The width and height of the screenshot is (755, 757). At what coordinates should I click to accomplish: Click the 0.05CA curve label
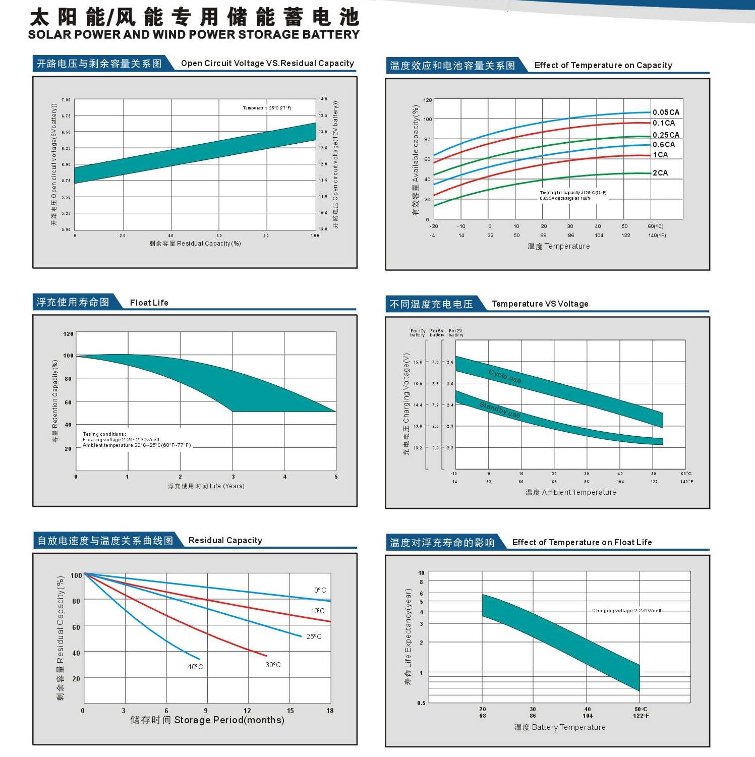666,112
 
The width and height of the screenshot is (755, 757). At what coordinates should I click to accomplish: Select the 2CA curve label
660,173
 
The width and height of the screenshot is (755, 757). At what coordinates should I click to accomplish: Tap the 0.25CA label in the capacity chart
666,135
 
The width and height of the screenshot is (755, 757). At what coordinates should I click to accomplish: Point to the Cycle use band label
505,376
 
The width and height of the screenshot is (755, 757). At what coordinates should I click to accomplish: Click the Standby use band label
499,410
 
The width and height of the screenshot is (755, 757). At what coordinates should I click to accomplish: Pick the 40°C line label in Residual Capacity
195,667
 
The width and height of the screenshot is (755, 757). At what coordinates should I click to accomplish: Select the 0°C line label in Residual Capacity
320,590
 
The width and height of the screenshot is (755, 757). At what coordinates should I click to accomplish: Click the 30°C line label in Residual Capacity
273,665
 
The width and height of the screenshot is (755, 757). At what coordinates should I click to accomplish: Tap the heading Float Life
149,303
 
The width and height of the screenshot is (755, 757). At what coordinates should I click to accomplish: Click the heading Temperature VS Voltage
540,304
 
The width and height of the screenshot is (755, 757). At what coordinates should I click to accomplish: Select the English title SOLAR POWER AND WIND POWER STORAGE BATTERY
194,35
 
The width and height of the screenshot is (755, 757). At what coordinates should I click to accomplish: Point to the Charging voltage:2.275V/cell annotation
626,611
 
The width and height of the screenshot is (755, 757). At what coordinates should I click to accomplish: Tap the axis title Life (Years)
206,486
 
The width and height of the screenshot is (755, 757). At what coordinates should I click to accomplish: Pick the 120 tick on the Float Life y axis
68,334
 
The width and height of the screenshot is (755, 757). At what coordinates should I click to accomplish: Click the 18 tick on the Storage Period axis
330,711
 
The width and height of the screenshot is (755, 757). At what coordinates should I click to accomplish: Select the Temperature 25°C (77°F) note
267,108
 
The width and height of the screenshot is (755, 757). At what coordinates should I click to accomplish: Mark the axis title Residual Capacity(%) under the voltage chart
195,244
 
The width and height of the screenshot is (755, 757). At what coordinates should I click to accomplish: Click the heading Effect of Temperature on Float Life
582,542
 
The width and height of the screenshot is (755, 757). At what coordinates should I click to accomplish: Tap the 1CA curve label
660,155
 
